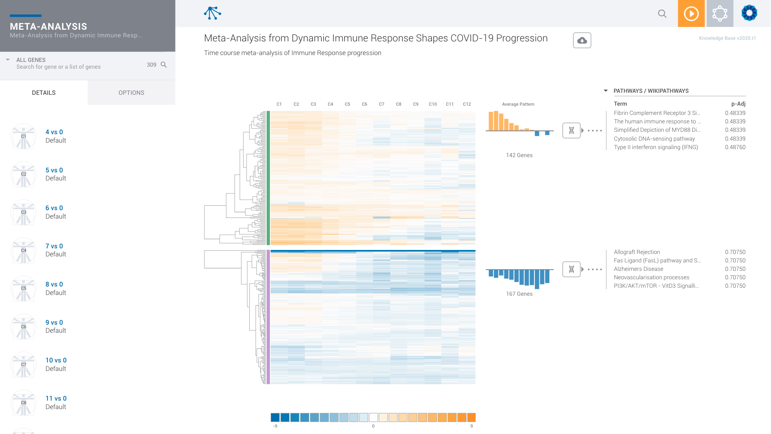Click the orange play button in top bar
pyautogui.click(x=691, y=14)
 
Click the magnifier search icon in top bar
pyautogui.click(x=662, y=14)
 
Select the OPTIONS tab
pyautogui.click(x=131, y=93)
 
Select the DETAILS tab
pyautogui.click(x=44, y=93)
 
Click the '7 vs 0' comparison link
pyautogui.click(x=54, y=246)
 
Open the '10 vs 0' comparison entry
pyautogui.click(x=56, y=360)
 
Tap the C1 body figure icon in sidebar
pyautogui.click(x=24, y=137)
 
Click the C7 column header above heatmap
pyautogui.click(x=381, y=104)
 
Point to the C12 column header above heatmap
pyautogui.click(x=467, y=104)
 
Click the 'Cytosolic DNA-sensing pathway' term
pyautogui.click(x=654, y=139)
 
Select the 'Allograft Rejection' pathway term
pyautogui.click(x=637, y=252)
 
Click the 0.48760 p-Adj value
pyautogui.click(x=735, y=147)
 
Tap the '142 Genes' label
pyautogui.click(x=519, y=155)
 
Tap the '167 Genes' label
pyautogui.click(x=519, y=294)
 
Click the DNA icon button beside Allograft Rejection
pyautogui.click(x=571, y=269)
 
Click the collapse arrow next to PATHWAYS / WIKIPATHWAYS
pyautogui.click(x=606, y=91)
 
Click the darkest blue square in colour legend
pyautogui.click(x=275, y=418)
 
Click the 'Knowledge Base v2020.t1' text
pyautogui.click(x=727, y=38)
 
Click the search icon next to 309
pyautogui.click(x=163, y=65)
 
